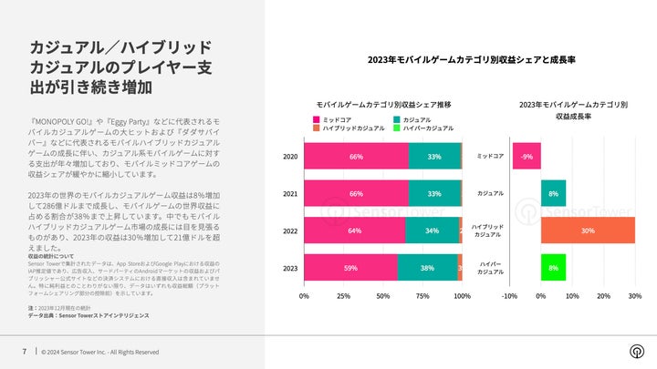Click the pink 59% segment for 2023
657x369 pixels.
pos(350,269)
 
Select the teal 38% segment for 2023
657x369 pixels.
pos(427,269)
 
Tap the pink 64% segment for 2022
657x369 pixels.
pos(355,231)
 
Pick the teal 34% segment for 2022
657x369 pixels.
pos(432,231)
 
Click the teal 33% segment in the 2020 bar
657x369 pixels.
pos(434,157)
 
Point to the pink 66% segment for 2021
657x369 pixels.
pos(356,194)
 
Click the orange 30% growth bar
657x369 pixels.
pos(588,231)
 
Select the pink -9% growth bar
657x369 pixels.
pos(527,157)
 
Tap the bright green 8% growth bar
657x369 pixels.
pos(553,269)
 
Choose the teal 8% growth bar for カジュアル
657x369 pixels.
pos(553,194)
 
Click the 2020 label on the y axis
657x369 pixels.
pos(290,157)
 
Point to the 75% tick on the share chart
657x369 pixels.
pos(422,296)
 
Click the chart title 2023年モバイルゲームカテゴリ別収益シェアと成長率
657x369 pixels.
pos(477,59)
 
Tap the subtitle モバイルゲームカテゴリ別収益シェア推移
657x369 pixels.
pos(383,105)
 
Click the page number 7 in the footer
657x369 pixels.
pos(24,352)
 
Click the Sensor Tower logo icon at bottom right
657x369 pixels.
pos(635,352)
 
